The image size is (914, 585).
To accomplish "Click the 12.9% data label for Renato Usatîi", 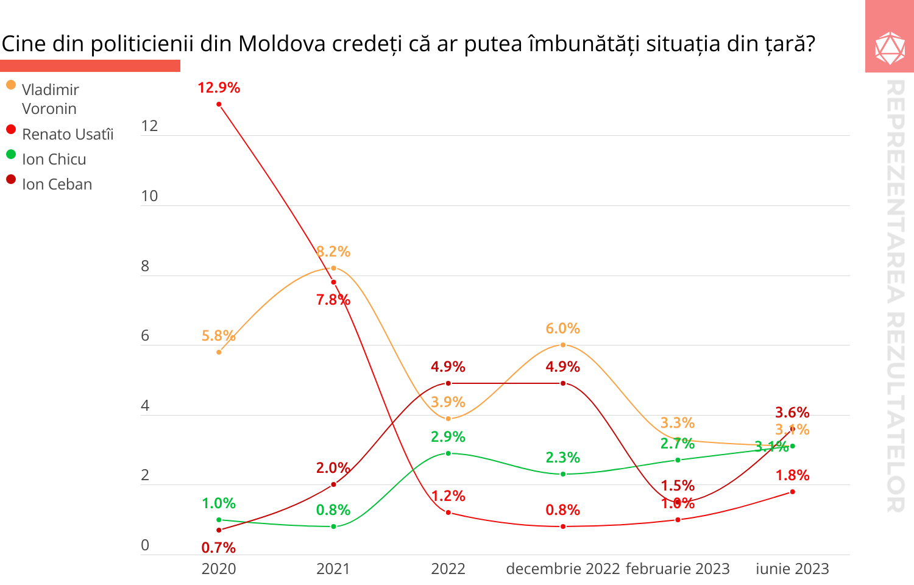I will (x=219, y=88).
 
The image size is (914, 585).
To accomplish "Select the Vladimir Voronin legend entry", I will (x=50, y=99).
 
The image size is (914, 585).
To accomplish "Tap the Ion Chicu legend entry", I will (x=54, y=159).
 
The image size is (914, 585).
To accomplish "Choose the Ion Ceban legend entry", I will (x=57, y=184).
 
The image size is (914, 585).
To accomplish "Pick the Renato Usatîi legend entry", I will (x=67, y=134).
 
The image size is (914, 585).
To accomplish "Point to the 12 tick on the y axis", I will (x=149, y=126).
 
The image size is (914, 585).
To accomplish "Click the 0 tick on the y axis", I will (x=145, y=545).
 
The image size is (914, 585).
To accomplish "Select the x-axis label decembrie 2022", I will (x=562, y=569).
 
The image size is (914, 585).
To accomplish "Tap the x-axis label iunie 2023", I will (x=792, y=569).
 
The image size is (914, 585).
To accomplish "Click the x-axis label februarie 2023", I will (x=678, y=569).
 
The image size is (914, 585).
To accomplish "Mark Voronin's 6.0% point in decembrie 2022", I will (x=563, y=345).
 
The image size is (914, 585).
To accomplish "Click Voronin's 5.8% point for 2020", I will (x=219, y=352).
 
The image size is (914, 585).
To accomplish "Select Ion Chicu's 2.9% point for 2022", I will (x=448, y=453).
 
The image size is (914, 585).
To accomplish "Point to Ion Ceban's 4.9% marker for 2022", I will (x=448, y=383).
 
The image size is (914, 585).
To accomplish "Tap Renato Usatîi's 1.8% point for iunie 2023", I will (x=792, y=492).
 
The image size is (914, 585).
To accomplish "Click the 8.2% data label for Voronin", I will (x=333, y=252).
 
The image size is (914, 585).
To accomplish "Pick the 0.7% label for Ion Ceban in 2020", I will (x=219, y=548).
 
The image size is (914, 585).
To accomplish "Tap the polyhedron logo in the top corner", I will (x=890, y=48).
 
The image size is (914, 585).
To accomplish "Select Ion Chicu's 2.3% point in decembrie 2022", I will (x=563, y=474).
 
